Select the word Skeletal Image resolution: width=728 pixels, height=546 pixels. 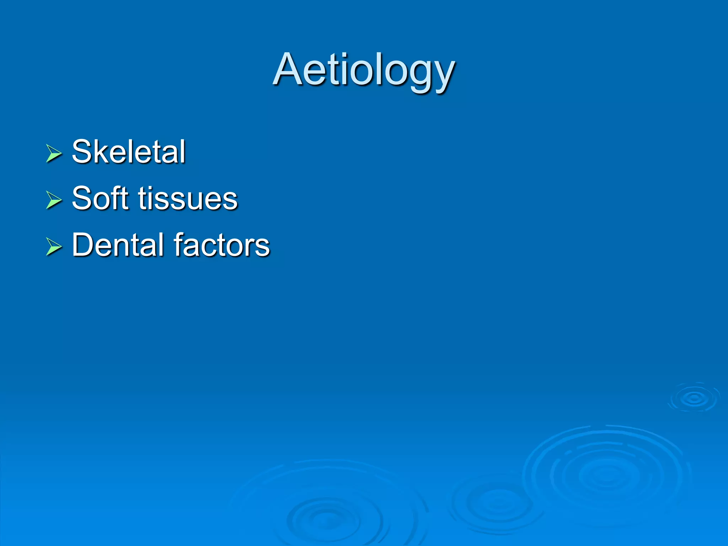[x=129, y=152]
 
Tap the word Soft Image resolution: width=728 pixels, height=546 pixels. [x=100, y=198]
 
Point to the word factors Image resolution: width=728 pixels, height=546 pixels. [x=222, y=245]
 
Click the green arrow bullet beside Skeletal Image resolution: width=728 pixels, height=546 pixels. [x=54, y=154]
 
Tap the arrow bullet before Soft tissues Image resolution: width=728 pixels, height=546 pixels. [x=54, y=200]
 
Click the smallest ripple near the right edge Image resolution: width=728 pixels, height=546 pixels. [x=694, y=398]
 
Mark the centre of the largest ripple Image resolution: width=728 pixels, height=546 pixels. [x=606, y=475]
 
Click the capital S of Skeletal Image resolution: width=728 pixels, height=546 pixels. [x=82, y=152]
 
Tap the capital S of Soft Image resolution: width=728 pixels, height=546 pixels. [x=82, y=198]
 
